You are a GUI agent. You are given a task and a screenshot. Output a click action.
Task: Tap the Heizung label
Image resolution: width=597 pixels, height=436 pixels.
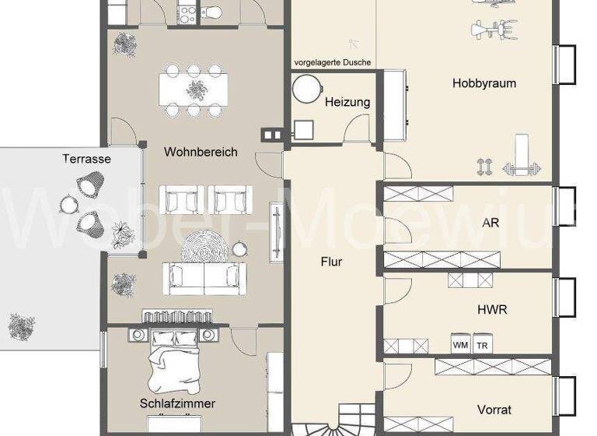(347, 102)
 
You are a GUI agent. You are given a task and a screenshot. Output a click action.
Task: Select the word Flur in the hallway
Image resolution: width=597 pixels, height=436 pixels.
(332, 262)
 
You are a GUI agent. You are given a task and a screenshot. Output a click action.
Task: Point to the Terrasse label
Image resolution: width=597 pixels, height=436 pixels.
(86, 159)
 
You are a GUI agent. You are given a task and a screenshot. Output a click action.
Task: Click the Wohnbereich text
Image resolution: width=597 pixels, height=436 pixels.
(201, 153)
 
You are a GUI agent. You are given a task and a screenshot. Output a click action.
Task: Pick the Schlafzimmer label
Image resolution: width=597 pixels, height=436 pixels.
(177, 404)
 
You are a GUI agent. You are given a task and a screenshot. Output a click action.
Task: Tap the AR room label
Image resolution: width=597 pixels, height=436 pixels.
(491, 222)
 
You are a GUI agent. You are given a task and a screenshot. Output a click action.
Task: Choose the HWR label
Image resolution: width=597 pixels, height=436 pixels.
(492, 309)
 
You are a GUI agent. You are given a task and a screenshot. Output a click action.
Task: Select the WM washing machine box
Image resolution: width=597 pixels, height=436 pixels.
(460, 344)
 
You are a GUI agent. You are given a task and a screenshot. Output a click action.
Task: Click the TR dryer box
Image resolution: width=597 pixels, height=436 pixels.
(482, 344)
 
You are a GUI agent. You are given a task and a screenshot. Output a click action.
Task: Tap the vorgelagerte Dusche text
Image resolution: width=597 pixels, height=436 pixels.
(332, 62)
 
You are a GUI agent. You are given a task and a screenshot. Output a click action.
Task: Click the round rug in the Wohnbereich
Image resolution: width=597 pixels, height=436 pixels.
(206, 249)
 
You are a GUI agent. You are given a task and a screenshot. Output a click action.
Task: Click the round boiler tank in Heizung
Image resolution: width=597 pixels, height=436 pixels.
(306, 89)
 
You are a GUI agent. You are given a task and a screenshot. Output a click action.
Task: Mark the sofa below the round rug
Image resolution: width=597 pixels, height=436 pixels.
(204, 278)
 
